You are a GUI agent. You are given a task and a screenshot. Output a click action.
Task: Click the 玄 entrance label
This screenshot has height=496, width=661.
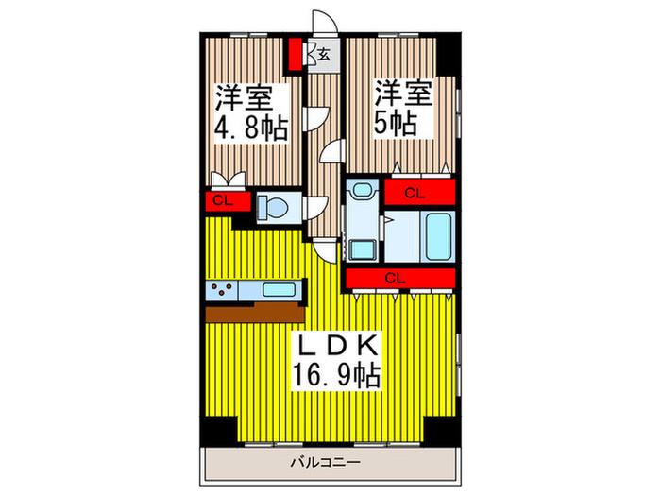[x=323, y=54]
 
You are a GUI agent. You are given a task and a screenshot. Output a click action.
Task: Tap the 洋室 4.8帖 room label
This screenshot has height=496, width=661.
[x=252, y=113]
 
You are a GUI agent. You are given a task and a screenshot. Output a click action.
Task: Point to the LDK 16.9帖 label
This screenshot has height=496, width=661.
[x=337, y=361]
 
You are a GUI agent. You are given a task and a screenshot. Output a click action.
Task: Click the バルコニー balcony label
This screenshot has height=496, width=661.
[x=326, y=463]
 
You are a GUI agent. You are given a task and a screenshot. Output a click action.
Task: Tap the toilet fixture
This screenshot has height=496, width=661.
[x=273, y=208]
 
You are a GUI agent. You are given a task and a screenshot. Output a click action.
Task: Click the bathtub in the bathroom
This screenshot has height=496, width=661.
[x=439, y=236]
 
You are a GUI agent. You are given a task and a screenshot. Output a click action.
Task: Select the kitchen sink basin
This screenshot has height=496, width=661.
[x=279, y=290]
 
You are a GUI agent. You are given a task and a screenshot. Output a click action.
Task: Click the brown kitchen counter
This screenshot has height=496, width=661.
[x=255, y=313]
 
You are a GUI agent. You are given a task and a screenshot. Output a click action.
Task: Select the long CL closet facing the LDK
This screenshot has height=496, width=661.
[x=401, y=278]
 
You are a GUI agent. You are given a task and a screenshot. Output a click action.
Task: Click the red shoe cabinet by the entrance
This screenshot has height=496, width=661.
[x=296, y=55]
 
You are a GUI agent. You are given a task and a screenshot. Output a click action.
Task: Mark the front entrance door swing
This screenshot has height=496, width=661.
[x=325, y=21]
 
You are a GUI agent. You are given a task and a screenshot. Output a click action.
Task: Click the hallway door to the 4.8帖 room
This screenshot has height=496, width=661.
[x=315, y=119]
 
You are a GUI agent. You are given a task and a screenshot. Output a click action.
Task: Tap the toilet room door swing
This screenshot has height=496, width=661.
[x=314, y=208]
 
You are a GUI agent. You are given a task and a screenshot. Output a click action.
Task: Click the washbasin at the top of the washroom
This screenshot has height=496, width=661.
[x=362, y=189]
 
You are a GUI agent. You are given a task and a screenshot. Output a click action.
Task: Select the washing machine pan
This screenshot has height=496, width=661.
[x=362, y=248]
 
